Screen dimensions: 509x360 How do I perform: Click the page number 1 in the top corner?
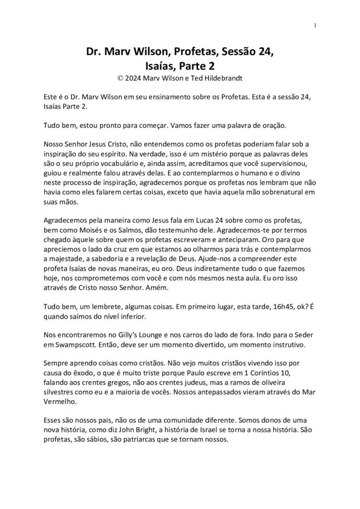[316, 26]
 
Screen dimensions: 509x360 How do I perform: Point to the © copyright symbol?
[120, 78]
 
